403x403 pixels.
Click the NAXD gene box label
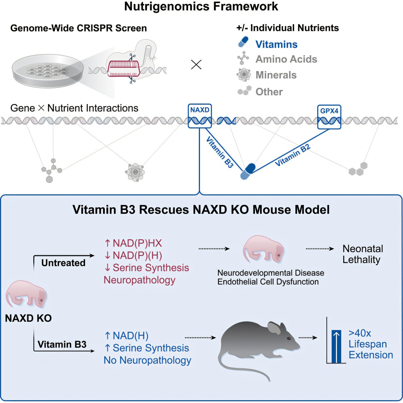click(200, 110)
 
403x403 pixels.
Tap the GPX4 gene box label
click(329, 111)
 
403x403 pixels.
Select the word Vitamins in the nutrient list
click(276, 44)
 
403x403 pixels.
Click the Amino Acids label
click(286, 59)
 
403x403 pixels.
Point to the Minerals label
click(276, 75)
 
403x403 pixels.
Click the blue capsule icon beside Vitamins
click(243, 42)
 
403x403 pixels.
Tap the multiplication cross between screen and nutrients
click(196, 65)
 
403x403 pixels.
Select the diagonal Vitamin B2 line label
click(292, 155)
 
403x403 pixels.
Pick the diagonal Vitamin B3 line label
click(220, 152)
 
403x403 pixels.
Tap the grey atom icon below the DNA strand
click(135, 172)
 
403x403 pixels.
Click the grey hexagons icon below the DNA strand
click(358, 169)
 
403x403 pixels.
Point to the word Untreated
click(63, 263)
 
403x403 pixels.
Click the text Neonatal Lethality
click(362, 254)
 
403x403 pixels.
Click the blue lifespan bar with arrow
click(336, 346)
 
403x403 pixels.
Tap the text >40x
click(360, 333)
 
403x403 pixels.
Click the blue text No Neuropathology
click(147, 360)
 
